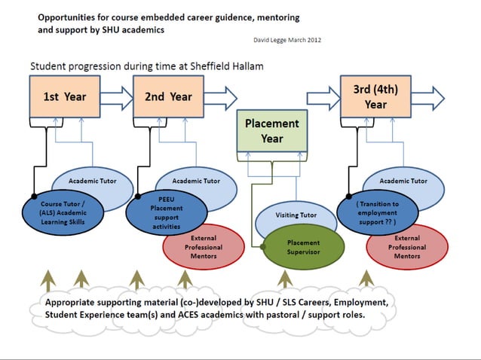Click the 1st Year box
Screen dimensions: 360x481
point(63,96)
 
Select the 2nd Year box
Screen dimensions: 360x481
point(169,96)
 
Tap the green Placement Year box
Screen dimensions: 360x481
point(271,130)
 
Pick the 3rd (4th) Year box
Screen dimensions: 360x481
point(375,96)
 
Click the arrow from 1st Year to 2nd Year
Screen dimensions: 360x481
point(115,96)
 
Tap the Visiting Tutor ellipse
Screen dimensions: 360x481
point(297,215)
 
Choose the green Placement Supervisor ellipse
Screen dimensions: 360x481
point(303,248)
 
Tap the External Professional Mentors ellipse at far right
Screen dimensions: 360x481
point(407,247)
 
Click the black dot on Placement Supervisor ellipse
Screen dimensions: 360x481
point(264,245)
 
